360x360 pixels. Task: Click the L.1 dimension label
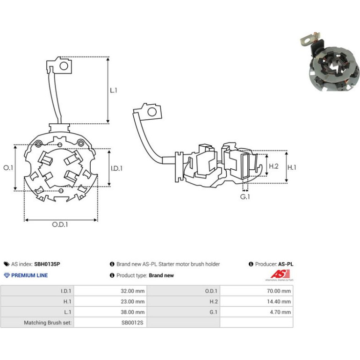point(114,90)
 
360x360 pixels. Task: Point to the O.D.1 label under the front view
point(60,224)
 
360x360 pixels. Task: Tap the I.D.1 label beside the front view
point(116,168)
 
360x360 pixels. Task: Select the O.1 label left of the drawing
point(8,168)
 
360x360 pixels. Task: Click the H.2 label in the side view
point(274,166)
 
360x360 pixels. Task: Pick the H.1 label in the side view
point(292,167)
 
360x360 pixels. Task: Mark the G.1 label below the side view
point(245,197)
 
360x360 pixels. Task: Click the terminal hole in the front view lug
point(64,66)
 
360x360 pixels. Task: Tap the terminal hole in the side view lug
point(152,112)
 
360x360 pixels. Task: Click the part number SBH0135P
point(47,264)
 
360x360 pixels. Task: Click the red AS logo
point(280,274)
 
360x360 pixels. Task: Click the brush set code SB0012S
point(132,323)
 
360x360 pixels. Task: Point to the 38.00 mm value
point(133,312)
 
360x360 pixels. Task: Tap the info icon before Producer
point(251,264)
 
